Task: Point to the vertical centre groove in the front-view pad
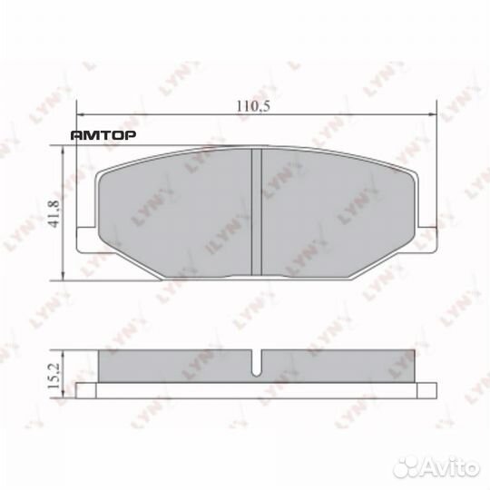(x=256, y=212)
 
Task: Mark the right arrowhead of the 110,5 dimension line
(x=434, y=114)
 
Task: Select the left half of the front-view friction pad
(x=172, y=213)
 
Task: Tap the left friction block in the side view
(x=172, y=366)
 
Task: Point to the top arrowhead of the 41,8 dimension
(x=62, y=152)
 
